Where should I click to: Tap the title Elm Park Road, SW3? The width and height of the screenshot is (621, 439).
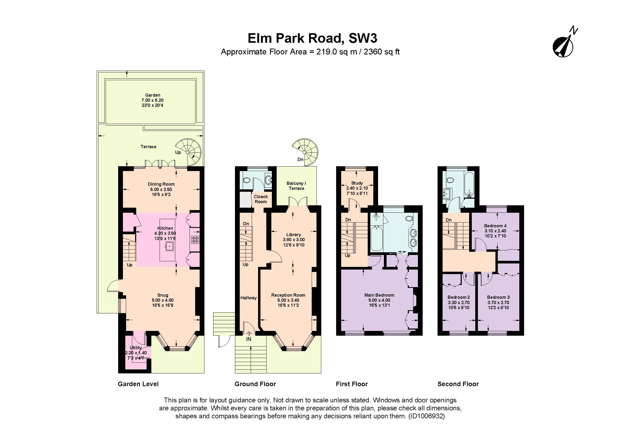coord(312,39)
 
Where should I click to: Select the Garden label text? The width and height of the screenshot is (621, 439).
coord(153,95)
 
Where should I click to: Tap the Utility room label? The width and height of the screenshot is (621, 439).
coord(135,348)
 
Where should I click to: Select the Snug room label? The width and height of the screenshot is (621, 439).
coord(163,295)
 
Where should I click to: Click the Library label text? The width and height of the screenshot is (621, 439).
coord(293,235)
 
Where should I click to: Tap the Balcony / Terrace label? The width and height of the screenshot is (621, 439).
coord(296,186)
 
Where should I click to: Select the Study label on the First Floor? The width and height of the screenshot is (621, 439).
coord(357,183)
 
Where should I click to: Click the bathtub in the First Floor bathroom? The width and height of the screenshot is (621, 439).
coord(376,239)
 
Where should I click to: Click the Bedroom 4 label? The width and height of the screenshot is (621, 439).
coord(495,226)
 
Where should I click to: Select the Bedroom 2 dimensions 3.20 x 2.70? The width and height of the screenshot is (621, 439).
coord(459,303)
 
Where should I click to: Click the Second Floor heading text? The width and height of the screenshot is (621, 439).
coord(458,384)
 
